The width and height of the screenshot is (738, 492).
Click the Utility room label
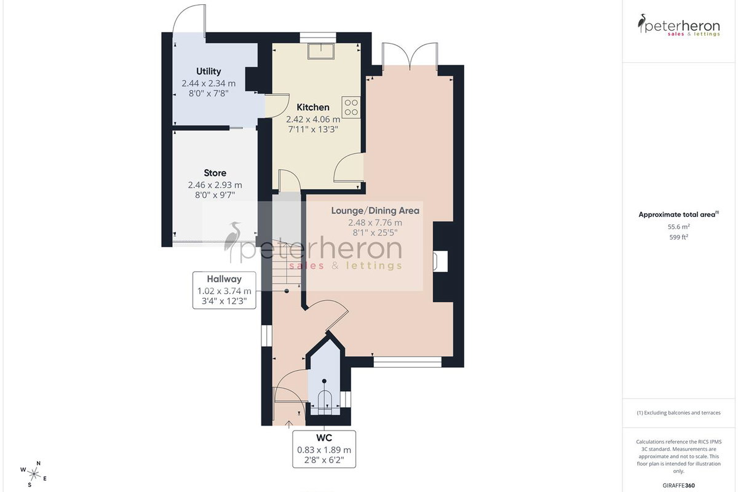point(208,71)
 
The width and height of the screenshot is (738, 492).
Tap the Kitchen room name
point(313,108)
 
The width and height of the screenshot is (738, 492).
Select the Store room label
point(215,173)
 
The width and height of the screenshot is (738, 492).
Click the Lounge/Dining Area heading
point(375,210)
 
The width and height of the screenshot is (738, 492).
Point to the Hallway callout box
point(224,290)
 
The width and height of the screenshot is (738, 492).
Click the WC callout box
point(324,449)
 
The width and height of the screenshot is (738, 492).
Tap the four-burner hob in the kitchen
point(351,108)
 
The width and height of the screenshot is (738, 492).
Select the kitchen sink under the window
point(321,51)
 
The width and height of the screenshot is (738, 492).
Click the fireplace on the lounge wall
point(440,261)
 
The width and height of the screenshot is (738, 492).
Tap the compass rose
point(33,474)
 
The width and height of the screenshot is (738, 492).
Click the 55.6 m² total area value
point(679,227)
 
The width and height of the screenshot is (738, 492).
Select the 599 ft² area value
point(679,237)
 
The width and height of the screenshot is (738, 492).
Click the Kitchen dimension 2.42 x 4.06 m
point(313,119)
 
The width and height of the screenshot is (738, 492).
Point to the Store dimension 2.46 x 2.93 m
point(215,185)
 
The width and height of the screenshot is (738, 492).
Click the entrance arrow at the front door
point(289,424)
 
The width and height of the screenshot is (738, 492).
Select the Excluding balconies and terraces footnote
point(679,413)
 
